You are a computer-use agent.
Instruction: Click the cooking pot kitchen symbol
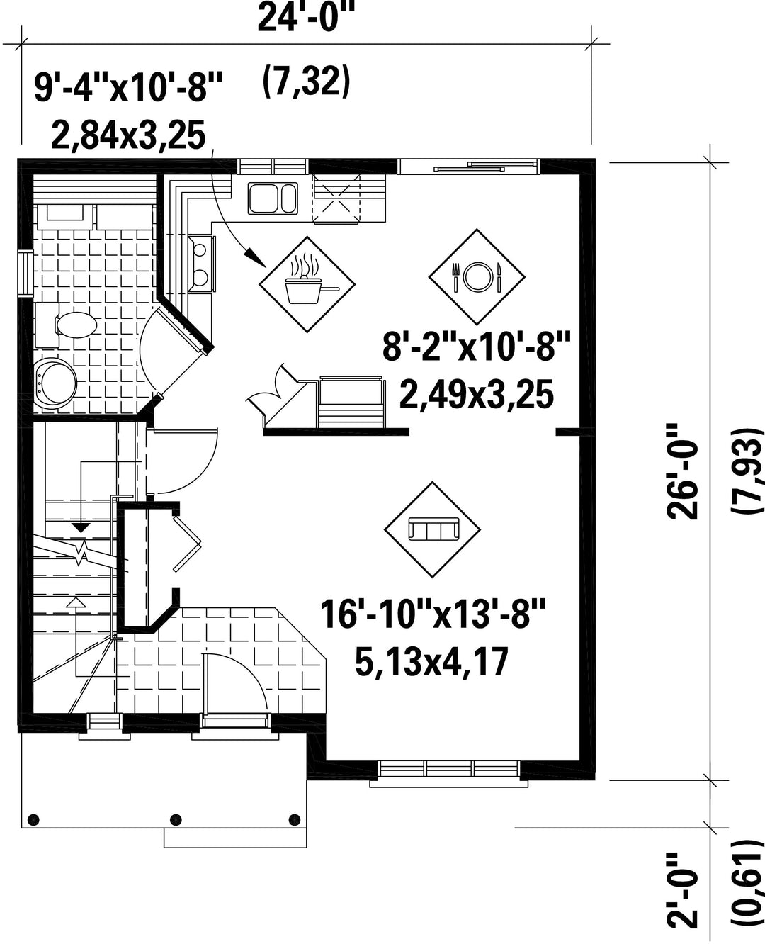click(x=307, y=284)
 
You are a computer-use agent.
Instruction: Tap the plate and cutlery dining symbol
click(x=477, y=277)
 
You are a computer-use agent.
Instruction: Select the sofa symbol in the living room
click(x=432, y=529)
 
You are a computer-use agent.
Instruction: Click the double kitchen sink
click(x=273, y=198)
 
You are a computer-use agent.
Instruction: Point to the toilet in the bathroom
click(x=66, y=325)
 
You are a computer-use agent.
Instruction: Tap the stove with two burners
click(x=202, y=264)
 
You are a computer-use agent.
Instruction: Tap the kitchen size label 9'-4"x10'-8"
click(x=128, y=87)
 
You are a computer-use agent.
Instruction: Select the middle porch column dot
click(x=176, y=819)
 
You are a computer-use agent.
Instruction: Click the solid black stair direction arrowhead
click(x=81, y=528)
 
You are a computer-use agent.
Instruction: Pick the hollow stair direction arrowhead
click(x=77, y=602)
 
